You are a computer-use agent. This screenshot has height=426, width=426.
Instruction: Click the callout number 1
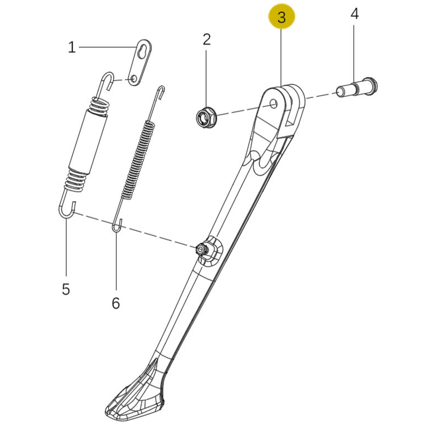point(72,48)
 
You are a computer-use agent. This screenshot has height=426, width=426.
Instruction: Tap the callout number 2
point(207,39)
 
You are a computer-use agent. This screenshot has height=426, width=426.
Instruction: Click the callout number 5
point(66,289)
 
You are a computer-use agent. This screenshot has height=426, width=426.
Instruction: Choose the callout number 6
point(116,303)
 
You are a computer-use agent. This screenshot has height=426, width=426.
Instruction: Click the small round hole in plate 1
point(134,78)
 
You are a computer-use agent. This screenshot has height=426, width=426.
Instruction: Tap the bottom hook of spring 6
point(117,226)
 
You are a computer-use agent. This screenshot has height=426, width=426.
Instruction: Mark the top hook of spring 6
point(161,92)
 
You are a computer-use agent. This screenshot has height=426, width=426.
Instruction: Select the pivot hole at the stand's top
point(274,104)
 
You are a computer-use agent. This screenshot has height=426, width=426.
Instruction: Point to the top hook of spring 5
point(106,80)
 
